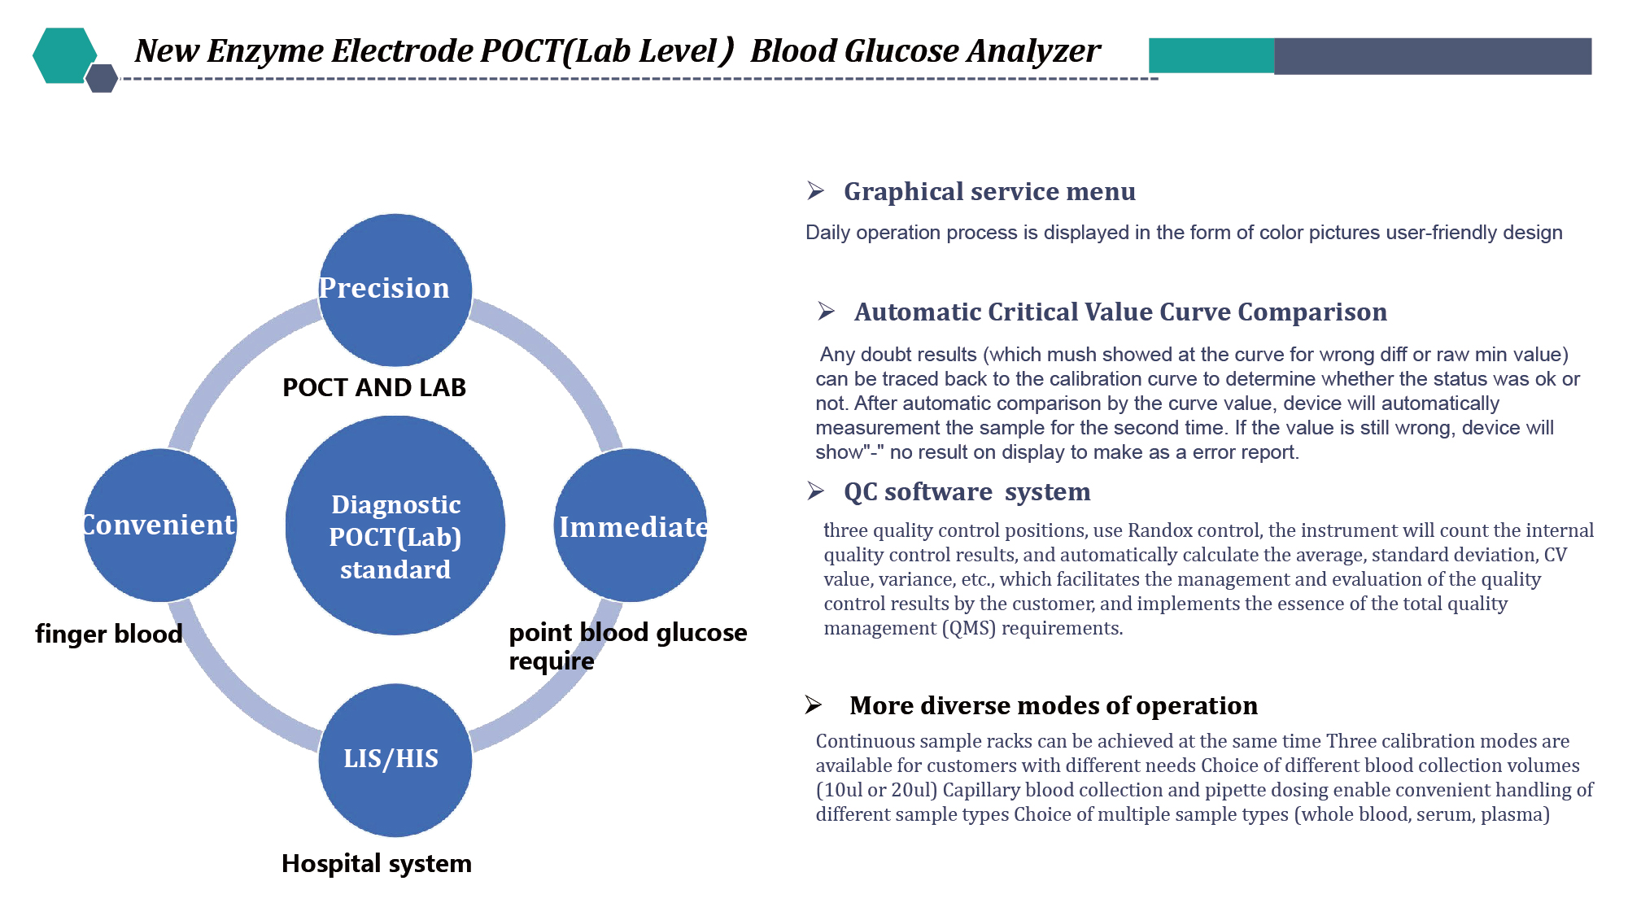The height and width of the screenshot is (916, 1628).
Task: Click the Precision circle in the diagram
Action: tap(395, 290)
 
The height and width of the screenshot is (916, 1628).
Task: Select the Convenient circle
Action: tap(160, 526)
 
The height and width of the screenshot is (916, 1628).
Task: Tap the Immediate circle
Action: tap(631, 526)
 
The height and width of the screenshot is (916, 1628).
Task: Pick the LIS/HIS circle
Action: tap(395, 760)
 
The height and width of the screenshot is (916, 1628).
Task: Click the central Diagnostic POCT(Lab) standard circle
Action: tap(395, 526)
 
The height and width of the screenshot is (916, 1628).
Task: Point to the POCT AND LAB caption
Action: tap(374, 387)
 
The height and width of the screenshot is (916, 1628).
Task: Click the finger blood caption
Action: tap(109, 634)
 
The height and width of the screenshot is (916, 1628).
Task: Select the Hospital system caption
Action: tap(377, 863)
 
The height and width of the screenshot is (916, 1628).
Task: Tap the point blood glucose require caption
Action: tap(628, 647)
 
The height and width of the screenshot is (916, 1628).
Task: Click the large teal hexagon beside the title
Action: tap(65, 55)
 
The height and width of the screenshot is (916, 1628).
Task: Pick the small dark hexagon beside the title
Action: tap(102, 78)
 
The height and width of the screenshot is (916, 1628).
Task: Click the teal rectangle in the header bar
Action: tap(1211, 55)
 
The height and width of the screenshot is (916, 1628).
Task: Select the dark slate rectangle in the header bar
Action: tap(1433, 56)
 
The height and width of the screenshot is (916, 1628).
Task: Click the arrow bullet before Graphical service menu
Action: tap(816, 191)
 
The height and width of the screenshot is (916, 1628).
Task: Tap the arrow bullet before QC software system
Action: tap(816, 491)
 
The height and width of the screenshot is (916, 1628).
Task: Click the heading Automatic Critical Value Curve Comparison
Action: tap(1120, 312)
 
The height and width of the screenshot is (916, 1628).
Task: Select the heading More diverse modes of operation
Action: tap(1054, 705)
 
